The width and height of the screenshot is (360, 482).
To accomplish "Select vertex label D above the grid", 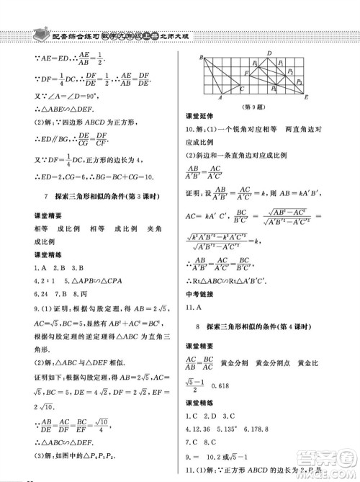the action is point(269,53).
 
